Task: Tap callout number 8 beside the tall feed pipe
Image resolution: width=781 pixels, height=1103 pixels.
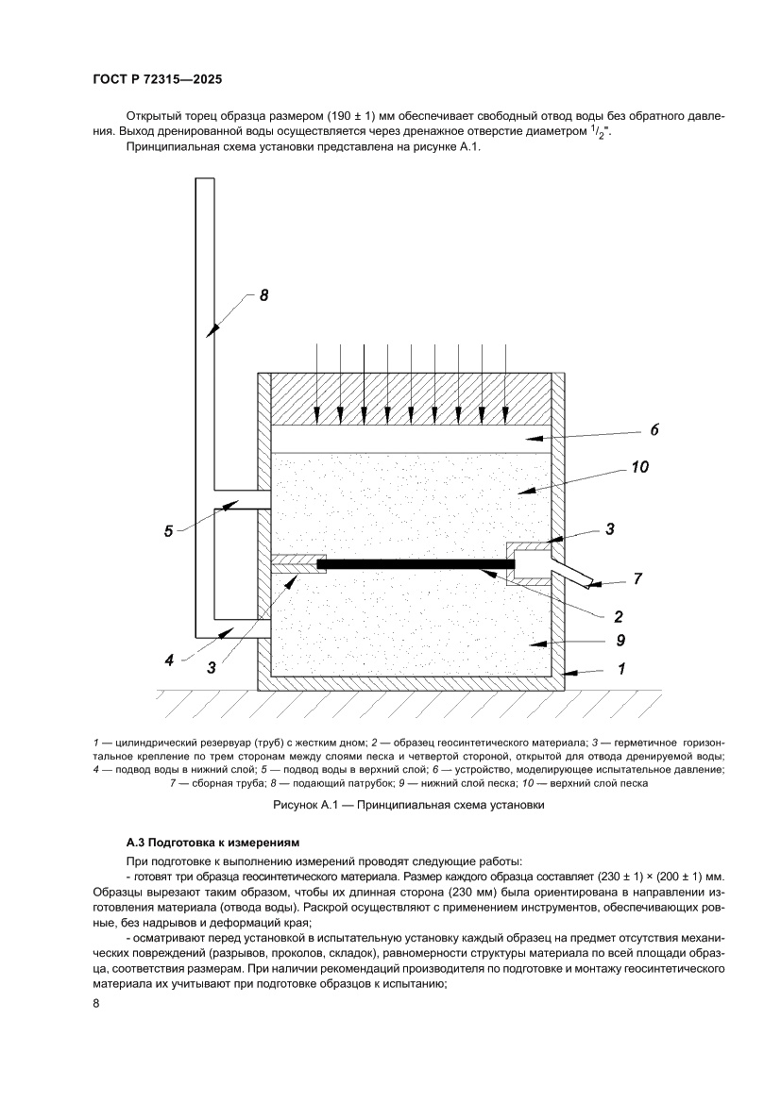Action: pyautogui.click(x=263, y=295)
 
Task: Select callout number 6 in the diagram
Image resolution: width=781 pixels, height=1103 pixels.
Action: pyautogui.click(x=654, y=429)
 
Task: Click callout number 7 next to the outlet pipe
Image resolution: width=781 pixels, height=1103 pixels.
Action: pyautogui.click(x=637, y=579)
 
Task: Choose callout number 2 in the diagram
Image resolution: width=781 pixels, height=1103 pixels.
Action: pyautogui.click(x=618, y=617)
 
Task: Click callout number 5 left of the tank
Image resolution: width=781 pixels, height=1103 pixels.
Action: pyautogui.click(x=168, y=531)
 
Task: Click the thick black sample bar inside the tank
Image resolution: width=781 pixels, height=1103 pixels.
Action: pyautogui.click(x=416, y=564)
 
